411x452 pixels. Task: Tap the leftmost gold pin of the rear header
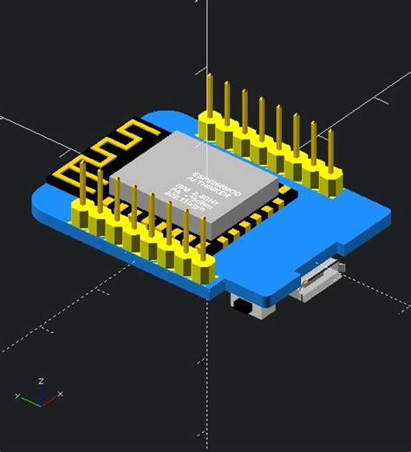point(209,97)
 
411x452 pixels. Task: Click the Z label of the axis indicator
point(42,380)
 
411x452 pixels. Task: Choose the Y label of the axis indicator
point(16,396)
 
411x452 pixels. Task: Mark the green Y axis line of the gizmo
point(31,399)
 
